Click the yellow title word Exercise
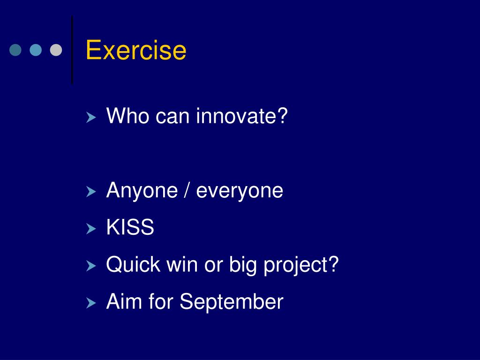[136, 50]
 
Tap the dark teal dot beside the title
[15, 50]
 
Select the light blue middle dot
[36, 50]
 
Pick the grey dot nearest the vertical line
[56, 50]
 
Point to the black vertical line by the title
[72, 50]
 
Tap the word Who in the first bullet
[128, 116]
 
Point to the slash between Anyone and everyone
[187, 190]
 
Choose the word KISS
[130, 227]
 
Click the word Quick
[133, 264]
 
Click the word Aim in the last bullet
[124, 301]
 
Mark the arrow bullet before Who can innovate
[91, 117]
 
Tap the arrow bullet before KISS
[91, 229]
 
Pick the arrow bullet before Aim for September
[91, 303]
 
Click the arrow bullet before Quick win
[91, 266]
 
